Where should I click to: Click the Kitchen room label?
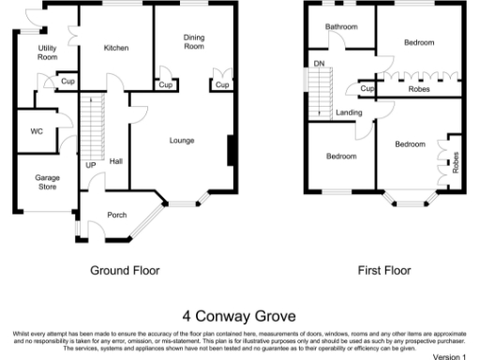click(116, 48)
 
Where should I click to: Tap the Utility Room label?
click(47, 52)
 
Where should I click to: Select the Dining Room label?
click(193, 41)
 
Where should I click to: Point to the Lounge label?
click(181, 141)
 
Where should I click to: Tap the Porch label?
click(117, 215)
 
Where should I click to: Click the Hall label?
click(116, 161)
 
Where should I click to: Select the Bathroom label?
click(341, 27)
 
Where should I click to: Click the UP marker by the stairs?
click(91, 166)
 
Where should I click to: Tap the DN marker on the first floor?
click(319, 64)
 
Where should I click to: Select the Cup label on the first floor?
click(367, 89)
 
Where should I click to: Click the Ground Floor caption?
click(125, 270)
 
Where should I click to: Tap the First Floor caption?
click(384, 270)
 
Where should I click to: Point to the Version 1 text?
click(448, 356)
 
